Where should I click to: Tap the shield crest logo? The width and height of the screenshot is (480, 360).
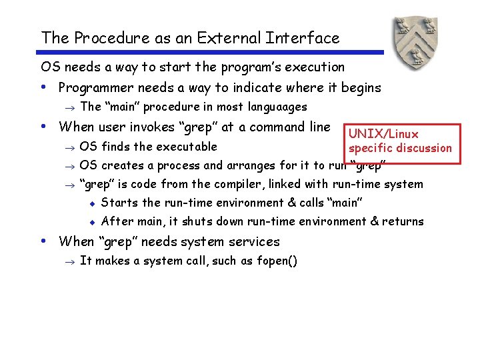click(x=415, y=43)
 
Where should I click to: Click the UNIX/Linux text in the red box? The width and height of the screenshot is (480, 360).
click(x=383, y=134)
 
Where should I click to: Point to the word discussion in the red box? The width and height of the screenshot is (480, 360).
click(x=421, y=148)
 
